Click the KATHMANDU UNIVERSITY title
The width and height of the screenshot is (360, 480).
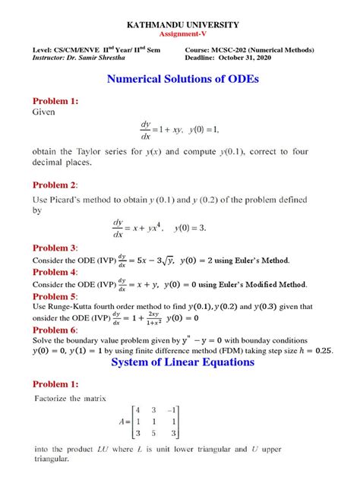tap(180, 25)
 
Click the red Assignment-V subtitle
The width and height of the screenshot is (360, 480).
tap(180, 35)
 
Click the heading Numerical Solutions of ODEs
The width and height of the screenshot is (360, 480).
tap(180, 78)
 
